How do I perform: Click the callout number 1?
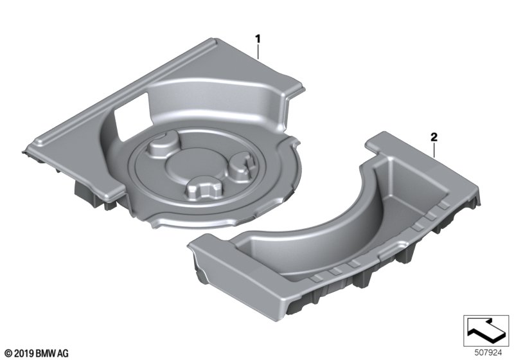258,39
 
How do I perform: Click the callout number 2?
434,137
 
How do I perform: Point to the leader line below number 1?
258,52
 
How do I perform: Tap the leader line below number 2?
434,151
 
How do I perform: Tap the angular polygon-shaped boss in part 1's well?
203,190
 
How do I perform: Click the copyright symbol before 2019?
9,354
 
